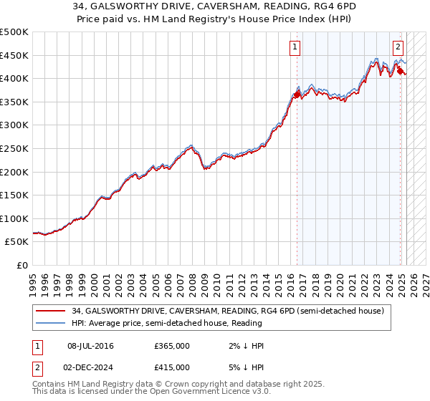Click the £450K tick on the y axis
[15, 55]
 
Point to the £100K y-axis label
[15, 218]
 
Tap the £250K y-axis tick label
[15, 148]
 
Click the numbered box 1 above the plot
[295, 48]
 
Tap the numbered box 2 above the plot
[398, 48]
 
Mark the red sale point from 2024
[400, 71]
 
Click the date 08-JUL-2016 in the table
[90, 346]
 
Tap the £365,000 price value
[172, 346]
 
